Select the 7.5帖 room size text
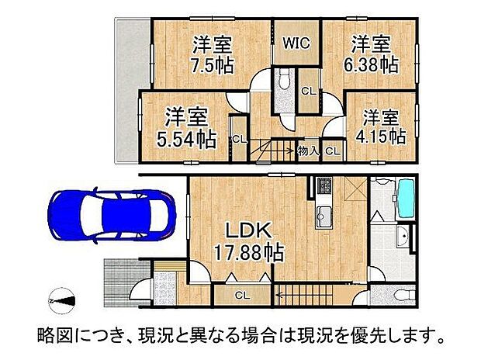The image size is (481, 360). tap(211, 65)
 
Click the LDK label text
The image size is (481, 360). tap(248, 230)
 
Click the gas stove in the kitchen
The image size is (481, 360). tap(323, 187)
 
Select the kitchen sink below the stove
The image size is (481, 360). tap(323, 217)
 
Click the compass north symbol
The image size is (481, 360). tap(61, 299)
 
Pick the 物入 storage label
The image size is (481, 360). tap(307, 151)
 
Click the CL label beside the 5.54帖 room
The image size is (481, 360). tap(239, 140)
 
